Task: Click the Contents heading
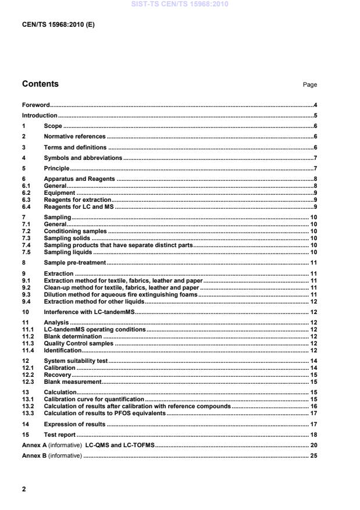[40, 84]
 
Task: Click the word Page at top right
[309, 85]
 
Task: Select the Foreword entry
[35, 105]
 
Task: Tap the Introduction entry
[40, 116]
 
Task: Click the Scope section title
[53, 126]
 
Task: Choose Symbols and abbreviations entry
[83, 158]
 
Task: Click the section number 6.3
[27, 199]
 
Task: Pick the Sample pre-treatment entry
[74, 263]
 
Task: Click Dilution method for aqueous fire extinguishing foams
[121, 295]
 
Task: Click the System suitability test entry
[76, 361]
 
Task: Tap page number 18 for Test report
[312, 435]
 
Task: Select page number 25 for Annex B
[312, 456]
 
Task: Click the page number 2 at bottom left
[24, 490]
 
